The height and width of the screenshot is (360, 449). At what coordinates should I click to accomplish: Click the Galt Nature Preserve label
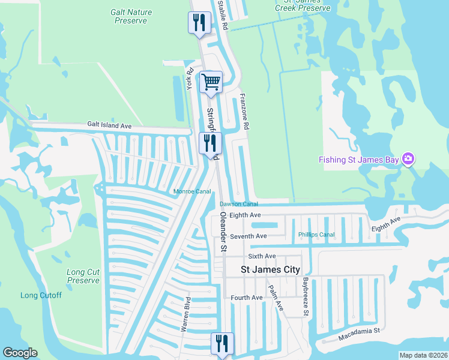pyautogui.click(x=131, y=16)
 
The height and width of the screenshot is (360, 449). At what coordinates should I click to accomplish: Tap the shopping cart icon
pyautogui.click(x=211, y=82)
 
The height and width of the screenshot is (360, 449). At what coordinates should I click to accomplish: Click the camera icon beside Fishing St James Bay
pyautogui.click(x=408, y=158)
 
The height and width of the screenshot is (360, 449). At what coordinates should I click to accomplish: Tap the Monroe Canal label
pyautogui.click(x=191, y=191)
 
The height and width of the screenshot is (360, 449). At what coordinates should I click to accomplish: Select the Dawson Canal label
pyautogui.click(x=238, y=204)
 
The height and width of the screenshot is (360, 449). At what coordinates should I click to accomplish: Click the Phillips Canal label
pyautogui.click(x=316, y=235)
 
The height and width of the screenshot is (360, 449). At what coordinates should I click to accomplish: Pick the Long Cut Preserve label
pyautogui.click(x=83, y=276)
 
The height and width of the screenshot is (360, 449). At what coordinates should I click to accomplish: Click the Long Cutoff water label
pyautogui.click(x=41, y=295)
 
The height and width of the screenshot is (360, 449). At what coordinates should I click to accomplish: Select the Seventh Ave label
pyautogui.click(x=248, y=236)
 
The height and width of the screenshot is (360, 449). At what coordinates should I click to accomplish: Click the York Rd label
pyautogui.click(x=190, y=79)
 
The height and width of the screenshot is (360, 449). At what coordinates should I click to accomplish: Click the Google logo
pyautogui.click(x=20, y=353)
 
